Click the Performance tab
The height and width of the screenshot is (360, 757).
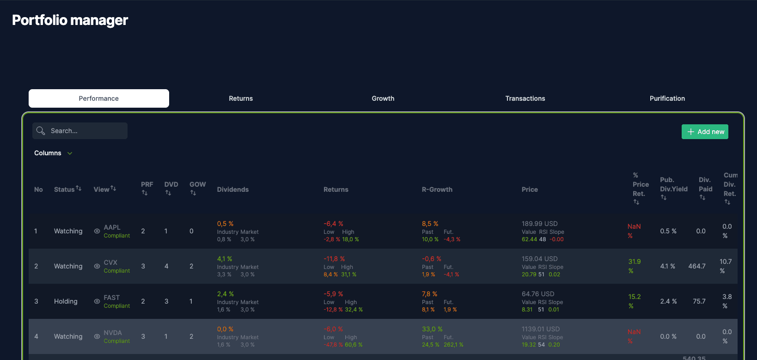click(x=98, y=98)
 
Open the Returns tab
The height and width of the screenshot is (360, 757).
click(x=241, y=98)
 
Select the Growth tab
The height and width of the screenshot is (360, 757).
click(x=383, y=98)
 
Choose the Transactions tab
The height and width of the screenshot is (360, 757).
click(x=525, y=98)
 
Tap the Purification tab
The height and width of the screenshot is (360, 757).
click(x=667, y=98)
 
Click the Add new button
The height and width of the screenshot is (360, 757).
click(x=705, y=132)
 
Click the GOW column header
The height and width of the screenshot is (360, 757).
click(x=197, y=184)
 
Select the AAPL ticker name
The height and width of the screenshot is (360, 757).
click(x=112, y=227)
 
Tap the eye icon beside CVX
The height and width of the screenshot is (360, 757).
click(x=97, y=266)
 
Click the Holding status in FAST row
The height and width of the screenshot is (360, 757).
click(x=66, y=301)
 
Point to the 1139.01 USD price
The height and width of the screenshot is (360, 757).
click(x=540, y=329)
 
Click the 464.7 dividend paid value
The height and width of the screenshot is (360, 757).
click(x=696, y=266)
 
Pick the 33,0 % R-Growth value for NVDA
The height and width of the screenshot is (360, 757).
click(x=432, y=329)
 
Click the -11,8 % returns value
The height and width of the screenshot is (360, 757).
click(x=334, y=259)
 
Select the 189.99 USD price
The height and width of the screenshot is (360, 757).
click(x=539, y=224)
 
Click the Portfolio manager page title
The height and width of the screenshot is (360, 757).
click(x=70, y=20)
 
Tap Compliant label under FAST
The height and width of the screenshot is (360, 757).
click(x=116, y=306)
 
